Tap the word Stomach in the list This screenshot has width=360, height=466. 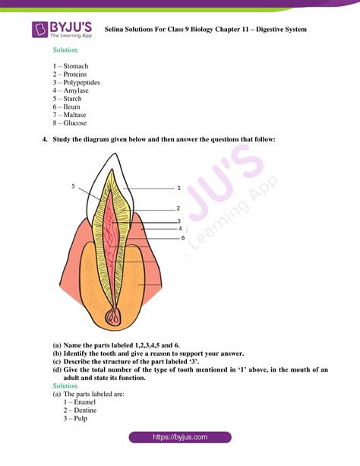pos(76,66)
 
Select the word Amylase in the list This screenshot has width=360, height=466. pos(76,90)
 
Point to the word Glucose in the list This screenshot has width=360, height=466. pos(75,123)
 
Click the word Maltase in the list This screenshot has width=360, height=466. pos(75,115)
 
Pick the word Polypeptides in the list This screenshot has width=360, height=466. pos(81,82)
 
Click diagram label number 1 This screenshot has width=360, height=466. pos(178,187)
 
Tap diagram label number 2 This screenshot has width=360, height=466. pos(178,208)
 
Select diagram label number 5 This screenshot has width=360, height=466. pos(74,186)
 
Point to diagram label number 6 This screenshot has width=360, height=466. pos(182,238)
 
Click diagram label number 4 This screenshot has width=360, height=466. pos(179,228)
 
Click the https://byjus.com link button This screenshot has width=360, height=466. pos(180,438)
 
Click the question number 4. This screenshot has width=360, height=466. pos(45,139)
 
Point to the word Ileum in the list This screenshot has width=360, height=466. pos(73,106)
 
